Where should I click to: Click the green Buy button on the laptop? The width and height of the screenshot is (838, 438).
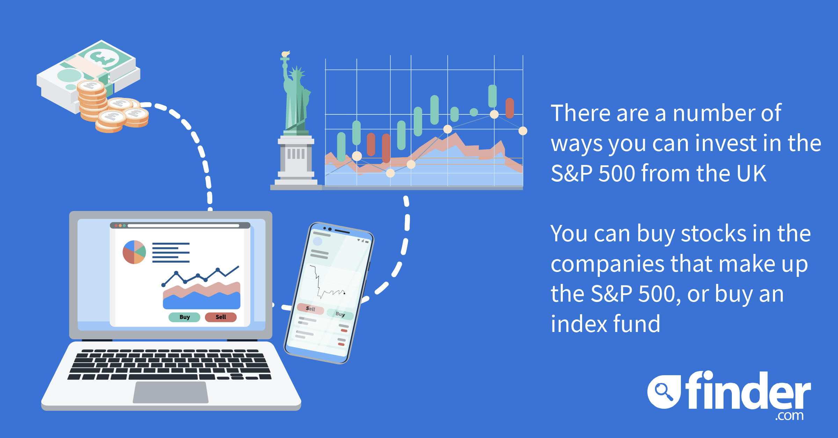click(x=184, y=317)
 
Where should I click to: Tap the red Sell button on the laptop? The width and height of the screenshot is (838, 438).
click(x=221, y=317)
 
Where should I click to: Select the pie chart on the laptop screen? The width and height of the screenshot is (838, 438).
click(x=134, y=252)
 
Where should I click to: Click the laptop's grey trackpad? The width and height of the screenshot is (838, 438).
click(x=171, y=392)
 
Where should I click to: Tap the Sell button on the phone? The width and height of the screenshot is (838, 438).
click(x=310, y=309)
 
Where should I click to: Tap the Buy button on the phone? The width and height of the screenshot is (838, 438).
click(x=340, y=314)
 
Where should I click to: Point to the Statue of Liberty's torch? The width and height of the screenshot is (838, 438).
click(x=286, y=54)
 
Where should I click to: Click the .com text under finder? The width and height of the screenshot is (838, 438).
click(x=789, y=416)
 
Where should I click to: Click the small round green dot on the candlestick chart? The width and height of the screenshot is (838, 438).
click(x=474, y=112)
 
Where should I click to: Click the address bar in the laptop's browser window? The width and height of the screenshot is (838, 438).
click(x=183, y=226)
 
